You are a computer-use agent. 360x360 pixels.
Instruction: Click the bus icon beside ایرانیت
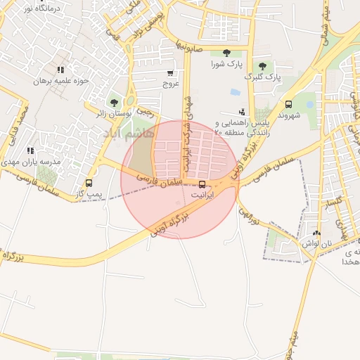[202, 185]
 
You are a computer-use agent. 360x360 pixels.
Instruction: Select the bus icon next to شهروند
[288, 103]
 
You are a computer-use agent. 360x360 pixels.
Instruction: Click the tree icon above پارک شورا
[226, 53]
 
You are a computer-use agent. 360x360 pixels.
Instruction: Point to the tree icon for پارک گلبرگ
[262, 66]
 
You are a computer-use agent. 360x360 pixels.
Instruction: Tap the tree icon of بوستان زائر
[114, 103]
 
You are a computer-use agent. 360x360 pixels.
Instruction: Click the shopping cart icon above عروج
[170, 72]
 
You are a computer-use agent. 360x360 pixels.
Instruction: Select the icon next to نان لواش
[316, 233]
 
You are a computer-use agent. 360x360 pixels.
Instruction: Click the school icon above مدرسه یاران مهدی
[30, 150]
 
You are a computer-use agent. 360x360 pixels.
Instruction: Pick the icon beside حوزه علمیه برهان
[60, 70]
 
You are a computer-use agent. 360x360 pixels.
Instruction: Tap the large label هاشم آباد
[127, 132]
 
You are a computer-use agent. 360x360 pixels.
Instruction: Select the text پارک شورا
[226, 64]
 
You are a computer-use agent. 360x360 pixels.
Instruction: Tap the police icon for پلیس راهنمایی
[243, 111]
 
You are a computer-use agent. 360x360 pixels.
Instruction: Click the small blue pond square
[234, 92]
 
